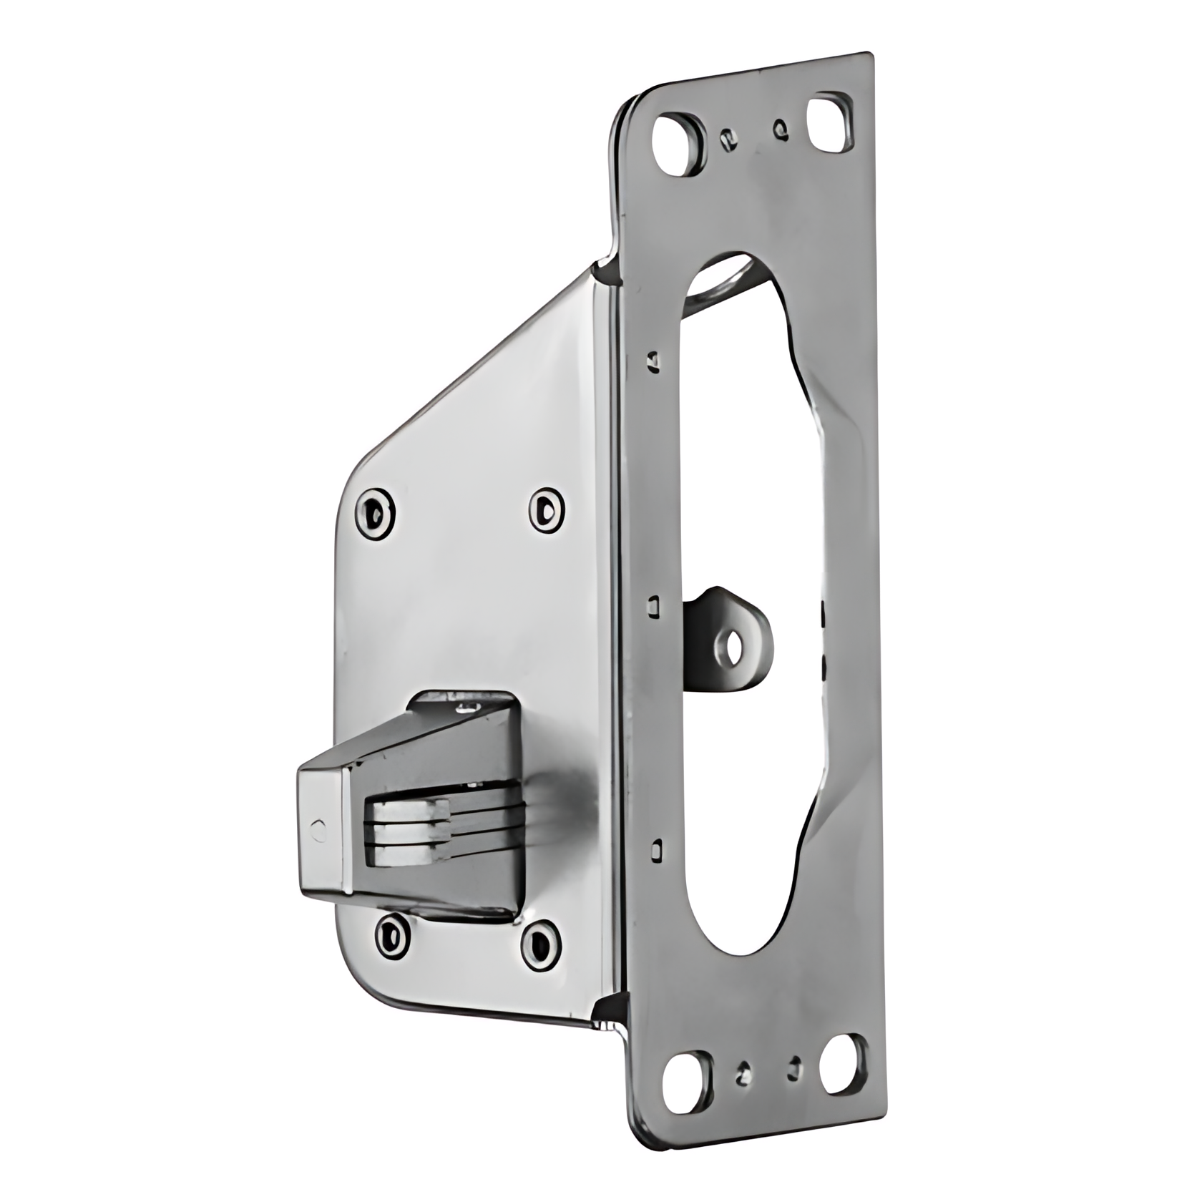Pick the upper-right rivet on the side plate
point(547,509)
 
